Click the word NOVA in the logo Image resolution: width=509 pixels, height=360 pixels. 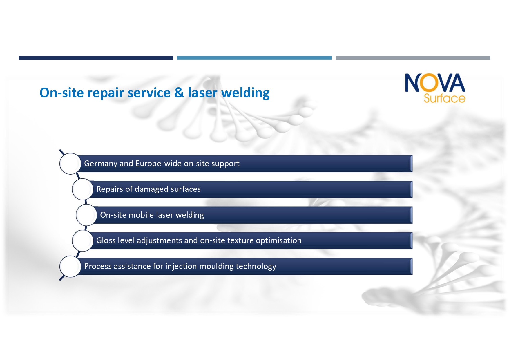[435, 83]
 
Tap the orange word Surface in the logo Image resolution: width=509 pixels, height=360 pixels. [444, 98]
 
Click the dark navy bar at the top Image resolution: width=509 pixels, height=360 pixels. [96, 58]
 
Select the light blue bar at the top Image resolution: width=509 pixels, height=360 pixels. [254, 58]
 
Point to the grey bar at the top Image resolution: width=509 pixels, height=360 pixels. [413, 58]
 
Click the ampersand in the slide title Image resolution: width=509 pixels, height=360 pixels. [179, 93]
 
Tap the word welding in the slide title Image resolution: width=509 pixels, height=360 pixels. [245, 93]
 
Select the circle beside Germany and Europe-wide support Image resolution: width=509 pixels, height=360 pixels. [70, 164]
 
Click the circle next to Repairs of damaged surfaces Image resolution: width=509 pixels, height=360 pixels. [83, 189]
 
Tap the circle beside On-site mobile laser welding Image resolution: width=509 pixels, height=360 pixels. [86, 215]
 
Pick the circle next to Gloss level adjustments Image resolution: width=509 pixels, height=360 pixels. [83, 240]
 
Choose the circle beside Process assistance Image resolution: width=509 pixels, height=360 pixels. [70, 266]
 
